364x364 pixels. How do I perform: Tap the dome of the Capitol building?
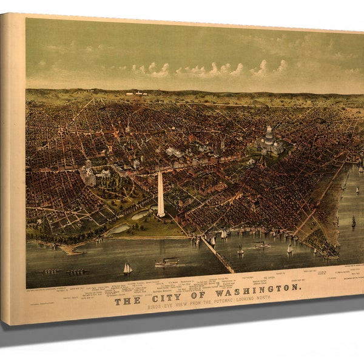tap(268, 135)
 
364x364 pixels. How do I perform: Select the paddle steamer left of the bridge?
tap(167, 262)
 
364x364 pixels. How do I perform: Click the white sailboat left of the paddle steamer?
tap(127, 268)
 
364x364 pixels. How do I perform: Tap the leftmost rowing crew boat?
tap(52, 271)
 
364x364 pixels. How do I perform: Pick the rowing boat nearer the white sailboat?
tap(75, 271)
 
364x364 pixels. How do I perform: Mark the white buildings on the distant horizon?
tap(137, 93)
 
